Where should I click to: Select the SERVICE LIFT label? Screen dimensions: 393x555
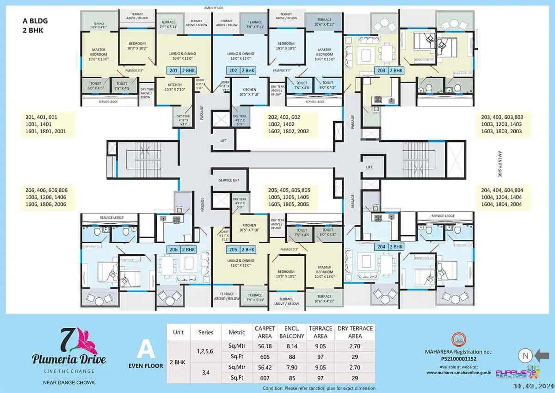[x=229, y=180]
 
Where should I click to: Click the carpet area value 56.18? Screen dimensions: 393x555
[x=265, y=344]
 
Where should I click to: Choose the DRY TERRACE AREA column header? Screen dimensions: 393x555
[x=354, y=332]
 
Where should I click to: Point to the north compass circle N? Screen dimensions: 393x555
[x=524, y=356]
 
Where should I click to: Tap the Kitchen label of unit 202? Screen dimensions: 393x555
[x=249, y=92]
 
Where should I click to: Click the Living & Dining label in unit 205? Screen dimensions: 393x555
[x=240, y=263]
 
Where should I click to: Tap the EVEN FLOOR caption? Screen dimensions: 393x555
[x=145, y=366]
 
